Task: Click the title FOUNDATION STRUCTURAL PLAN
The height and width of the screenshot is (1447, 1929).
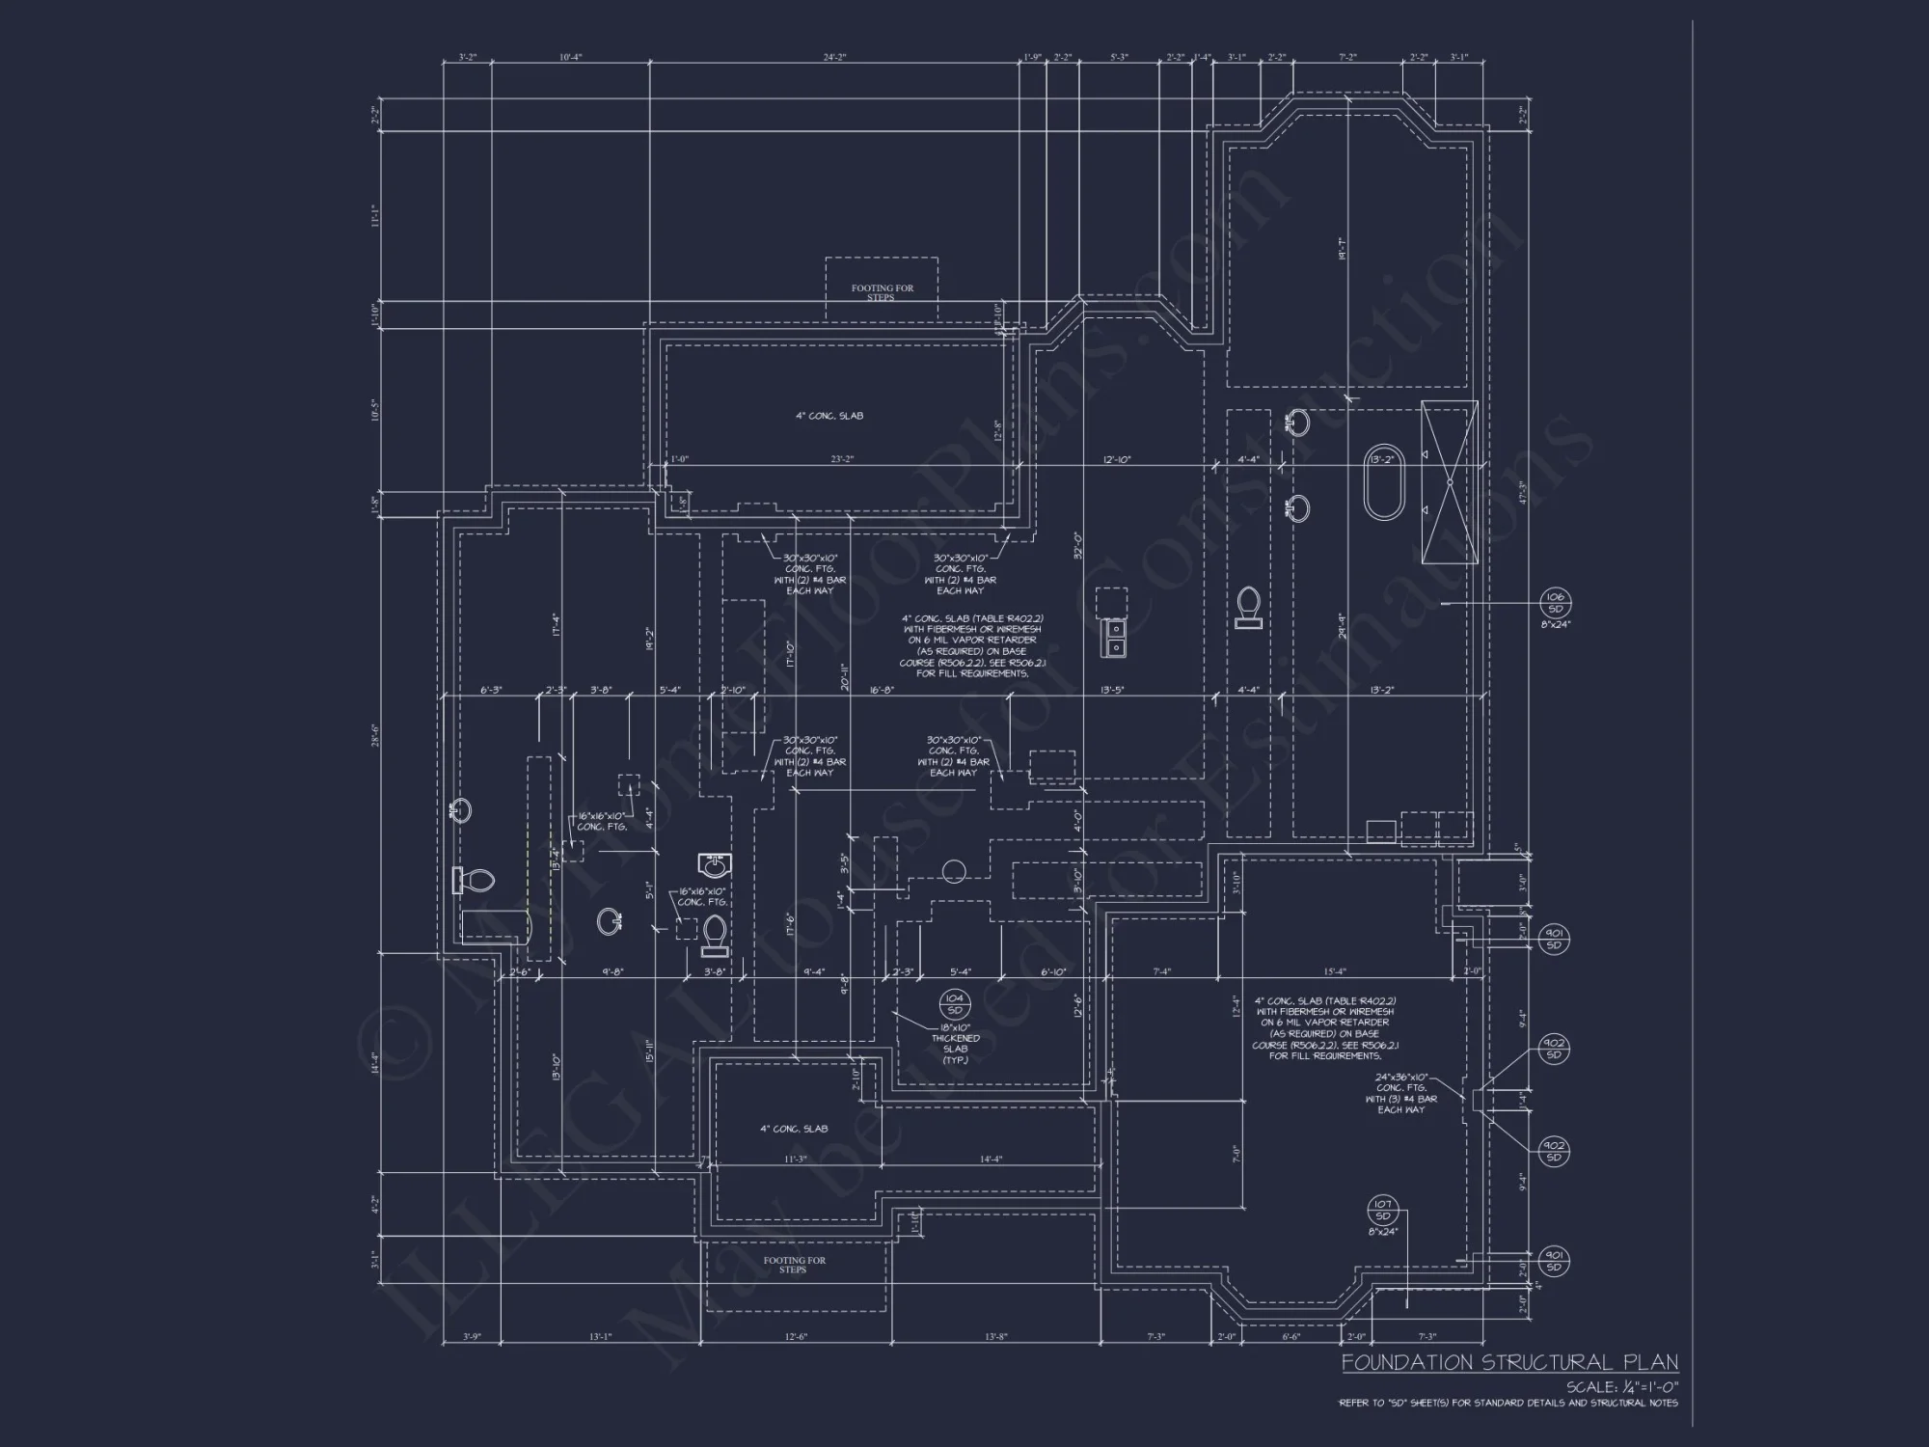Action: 1509,1362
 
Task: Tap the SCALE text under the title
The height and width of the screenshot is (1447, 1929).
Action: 1621,1387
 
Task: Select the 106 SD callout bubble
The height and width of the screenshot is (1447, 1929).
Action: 1555,603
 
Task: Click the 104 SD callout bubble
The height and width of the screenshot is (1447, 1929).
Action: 954,1004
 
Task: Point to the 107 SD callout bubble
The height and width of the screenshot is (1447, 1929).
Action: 1382,1210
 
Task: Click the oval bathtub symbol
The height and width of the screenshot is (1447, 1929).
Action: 1384,484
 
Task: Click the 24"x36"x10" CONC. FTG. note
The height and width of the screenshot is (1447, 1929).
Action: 1400,1093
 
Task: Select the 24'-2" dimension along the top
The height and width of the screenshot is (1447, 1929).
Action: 834,58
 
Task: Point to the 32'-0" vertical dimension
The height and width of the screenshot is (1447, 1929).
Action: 1077,546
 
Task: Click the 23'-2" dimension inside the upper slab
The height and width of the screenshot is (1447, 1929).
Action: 843,459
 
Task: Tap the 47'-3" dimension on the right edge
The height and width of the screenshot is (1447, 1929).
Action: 1523,492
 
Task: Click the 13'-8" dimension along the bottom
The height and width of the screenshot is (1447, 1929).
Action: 996,1336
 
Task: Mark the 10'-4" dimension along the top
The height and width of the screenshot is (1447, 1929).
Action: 571,58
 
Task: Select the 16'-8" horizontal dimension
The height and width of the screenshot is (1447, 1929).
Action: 882,690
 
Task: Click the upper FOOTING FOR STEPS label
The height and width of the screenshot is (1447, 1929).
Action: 882,292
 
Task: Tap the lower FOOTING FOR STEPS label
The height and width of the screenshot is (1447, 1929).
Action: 794,1265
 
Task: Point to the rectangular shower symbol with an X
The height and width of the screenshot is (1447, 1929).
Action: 1450,481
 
